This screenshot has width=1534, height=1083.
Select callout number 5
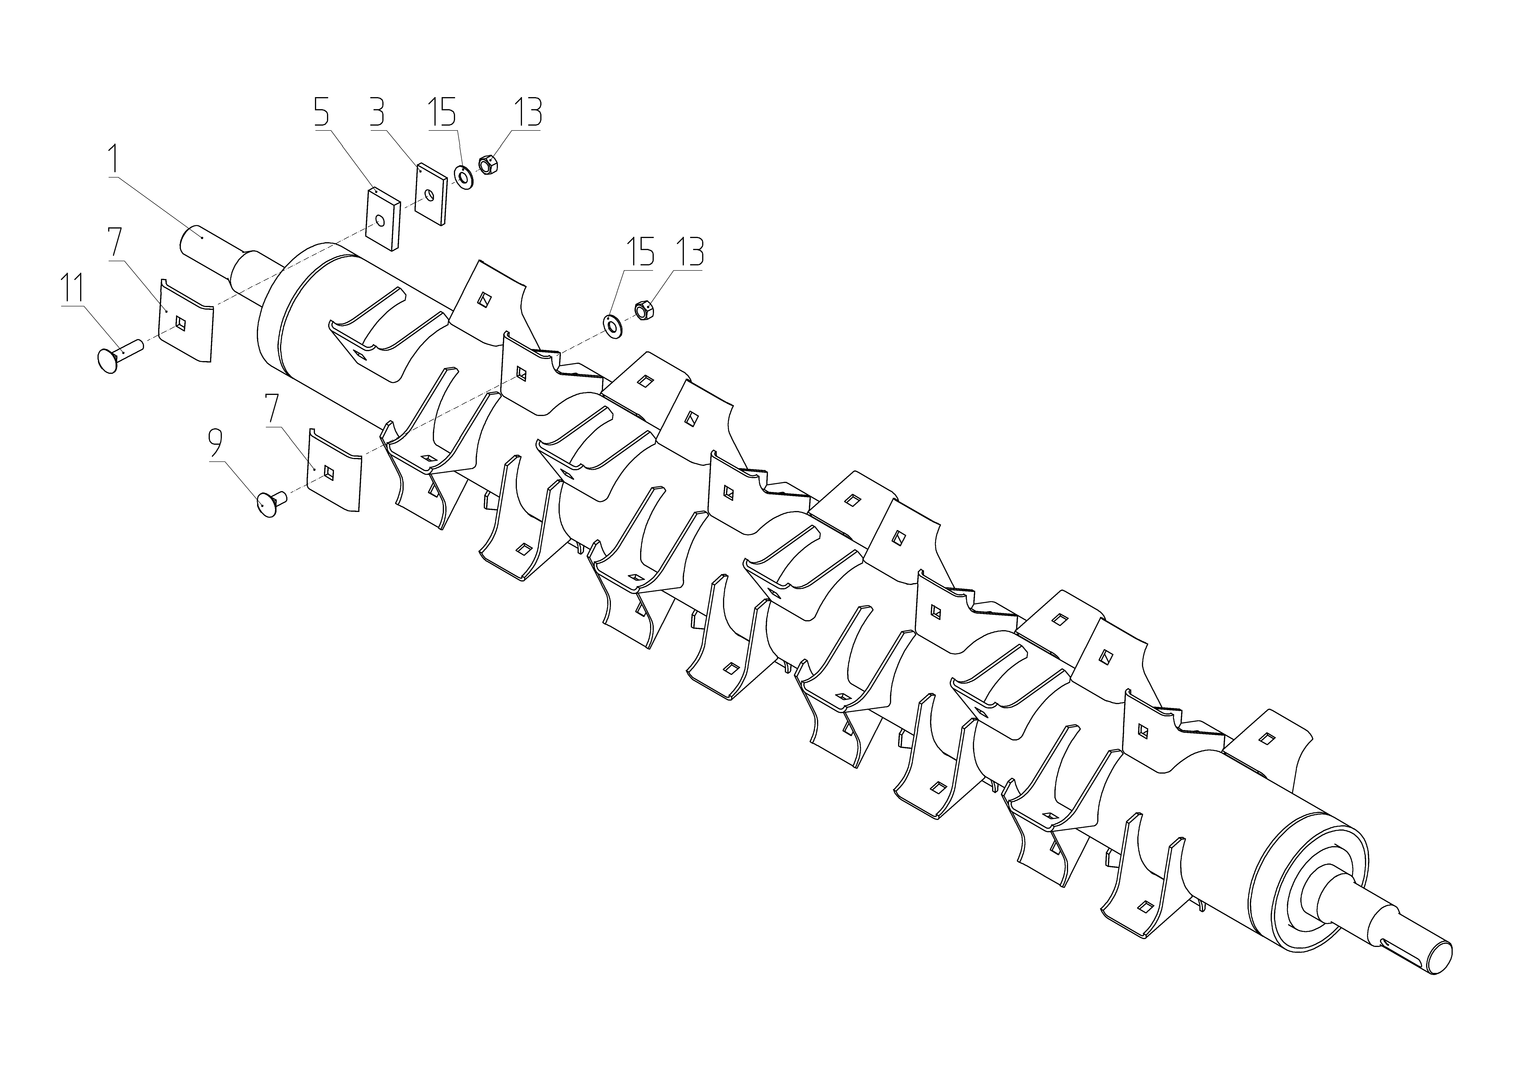coord(321,114)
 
